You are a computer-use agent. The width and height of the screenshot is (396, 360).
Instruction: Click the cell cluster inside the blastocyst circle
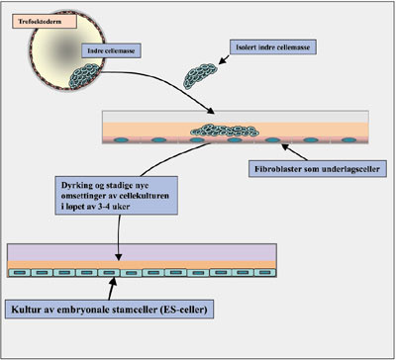pos(98,71)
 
